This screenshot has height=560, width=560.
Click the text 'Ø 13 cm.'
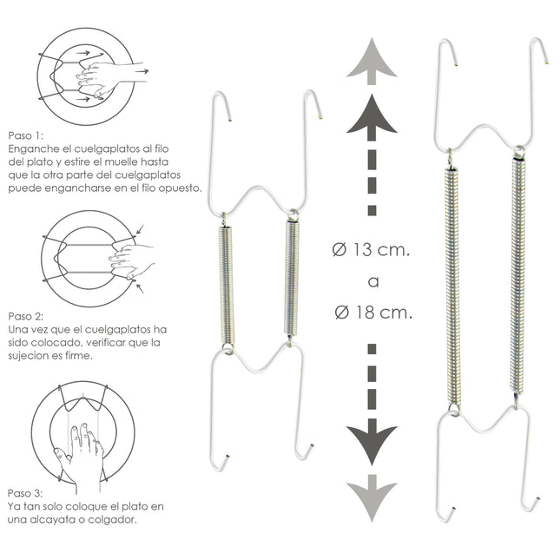click(371, 251)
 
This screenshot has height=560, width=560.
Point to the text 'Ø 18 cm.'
click(371, 313)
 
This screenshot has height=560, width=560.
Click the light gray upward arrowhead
click(371, 59)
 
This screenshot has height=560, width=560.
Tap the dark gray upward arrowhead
click(371, 115)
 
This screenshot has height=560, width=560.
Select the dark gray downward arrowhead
click(371, 443)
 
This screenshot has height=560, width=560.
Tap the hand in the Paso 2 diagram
click(129, 258)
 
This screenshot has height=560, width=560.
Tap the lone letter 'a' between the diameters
click(371, 281)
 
